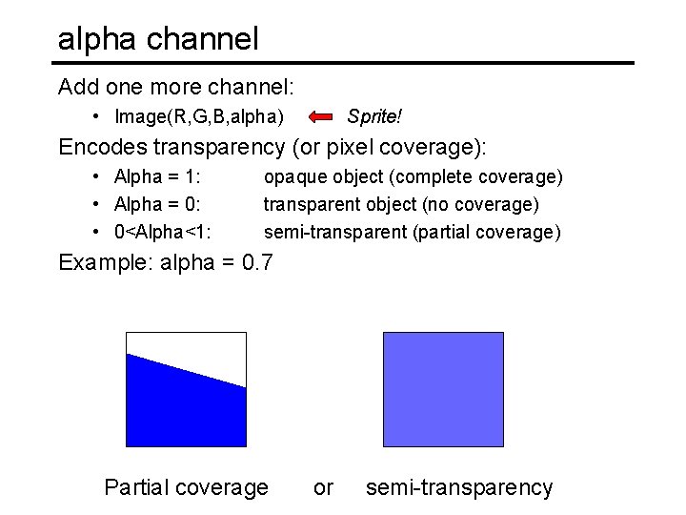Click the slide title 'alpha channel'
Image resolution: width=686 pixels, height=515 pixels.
coord(158,39)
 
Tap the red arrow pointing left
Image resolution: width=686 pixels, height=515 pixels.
coord(322,117)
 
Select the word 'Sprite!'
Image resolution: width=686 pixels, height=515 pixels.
coord(373,116)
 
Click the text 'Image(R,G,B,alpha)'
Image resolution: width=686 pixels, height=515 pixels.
coord(198,117)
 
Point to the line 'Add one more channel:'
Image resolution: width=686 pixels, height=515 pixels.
coord(175,87)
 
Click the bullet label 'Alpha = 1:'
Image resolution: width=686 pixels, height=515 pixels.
coord(156,176)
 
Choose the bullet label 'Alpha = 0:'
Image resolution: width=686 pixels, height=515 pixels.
coord(156,204)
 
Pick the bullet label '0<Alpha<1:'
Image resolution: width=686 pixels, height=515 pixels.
coord(162,232)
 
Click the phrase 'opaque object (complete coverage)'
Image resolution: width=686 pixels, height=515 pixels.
coord(413,176)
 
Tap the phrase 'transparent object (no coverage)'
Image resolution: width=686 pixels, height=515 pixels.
coord(401,204)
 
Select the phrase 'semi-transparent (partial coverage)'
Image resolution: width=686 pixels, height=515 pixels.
coord(412,232)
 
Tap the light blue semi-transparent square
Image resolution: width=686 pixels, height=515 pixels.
coord(442,389)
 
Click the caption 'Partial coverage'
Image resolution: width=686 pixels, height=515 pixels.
coord(186,487)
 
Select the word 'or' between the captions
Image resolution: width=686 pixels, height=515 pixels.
coord(323,487)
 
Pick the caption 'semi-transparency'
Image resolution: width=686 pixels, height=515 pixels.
coord(458,487)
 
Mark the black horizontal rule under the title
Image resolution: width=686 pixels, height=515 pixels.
coord(343,64)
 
